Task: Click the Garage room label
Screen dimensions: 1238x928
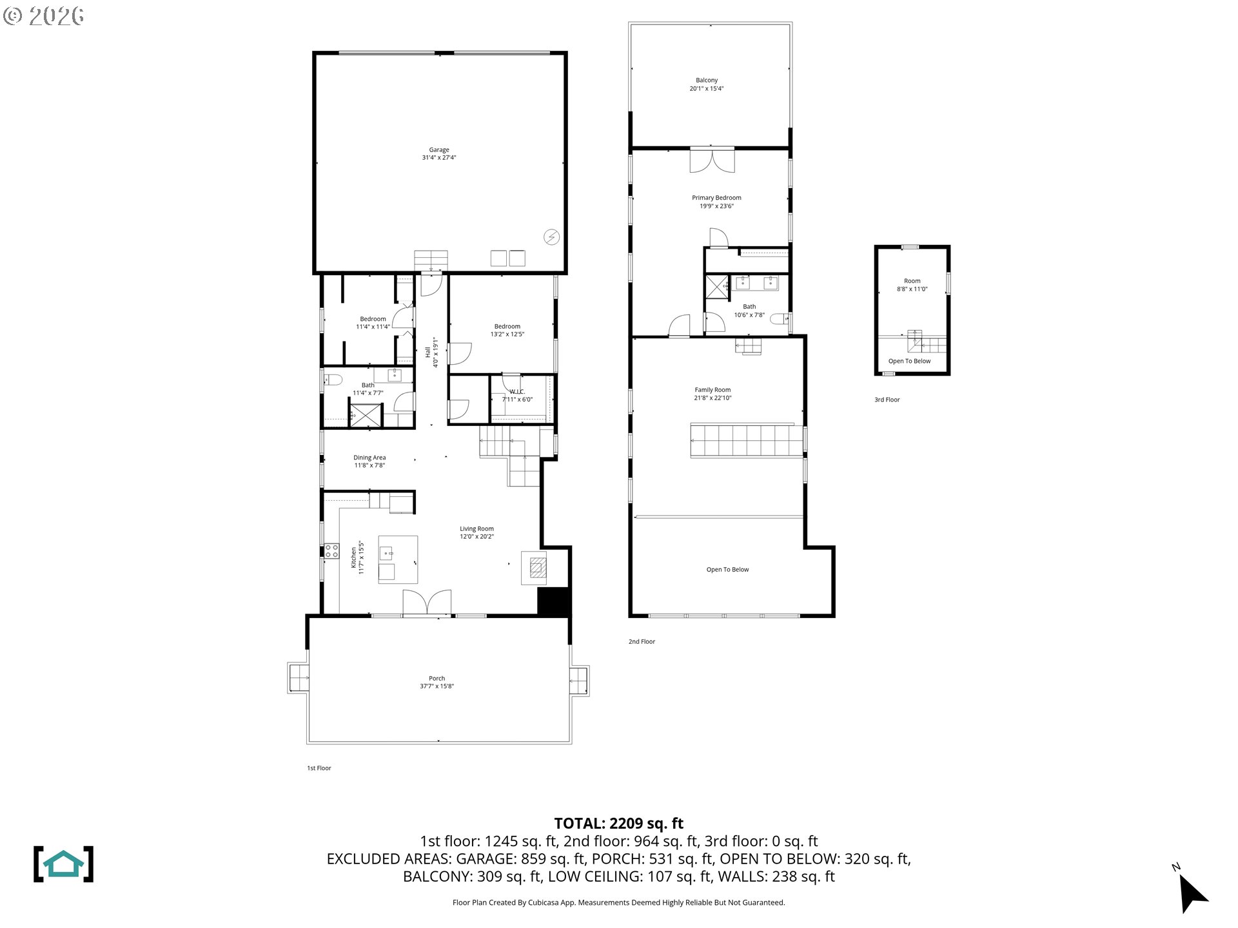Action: pyautogui.click(x=439, y=150)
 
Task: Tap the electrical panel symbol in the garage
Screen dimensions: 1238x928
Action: pyautogui.click(x=552, y=237)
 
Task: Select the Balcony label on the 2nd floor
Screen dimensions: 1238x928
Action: pyautogui.click(x=707, y=81)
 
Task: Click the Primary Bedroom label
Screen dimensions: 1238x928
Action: pyautogui.click(x=716, y=198)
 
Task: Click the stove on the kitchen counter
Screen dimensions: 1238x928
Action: pyautogui.click(x=331, y=551)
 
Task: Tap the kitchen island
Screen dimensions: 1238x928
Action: pyautogui.click(x=398, y=559)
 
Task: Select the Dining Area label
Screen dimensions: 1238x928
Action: pyautogui.click(x=369, y=458)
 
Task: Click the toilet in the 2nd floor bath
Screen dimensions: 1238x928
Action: pyautogui.click(x=780, y=318)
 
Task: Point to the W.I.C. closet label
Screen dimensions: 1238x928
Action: pyautogui.click(x=517, y=392)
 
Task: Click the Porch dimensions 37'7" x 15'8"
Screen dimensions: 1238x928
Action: pyautogui.click(x=437, y=686)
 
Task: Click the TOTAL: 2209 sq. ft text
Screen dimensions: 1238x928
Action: pyautogui.click(x=619, y=823)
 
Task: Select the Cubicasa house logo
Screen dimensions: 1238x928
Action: pyautogui.click(x=63, y=864)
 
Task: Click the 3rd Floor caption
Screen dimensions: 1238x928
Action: pyautogui.click(x=887, y=400)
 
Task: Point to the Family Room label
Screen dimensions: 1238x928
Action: pyautogui.click(x=712, y=390)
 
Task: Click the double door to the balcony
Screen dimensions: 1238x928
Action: pyautogui.click(x=712, y=160)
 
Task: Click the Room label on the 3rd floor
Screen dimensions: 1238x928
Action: pyautogui.click(x=912, y=281)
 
